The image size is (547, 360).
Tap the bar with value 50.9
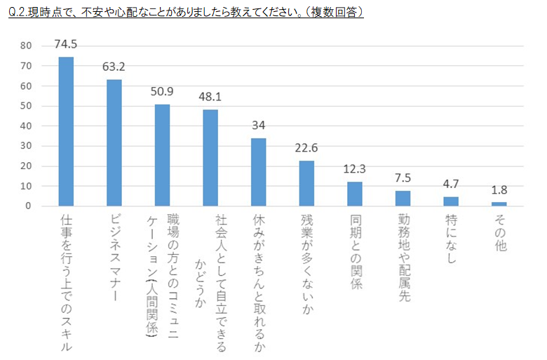click(162, 155)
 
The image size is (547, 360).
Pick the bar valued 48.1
click(210, 158)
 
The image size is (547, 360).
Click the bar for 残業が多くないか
click(306, 183)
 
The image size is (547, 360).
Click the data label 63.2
click(114, 68)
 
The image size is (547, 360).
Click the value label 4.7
click(451, 185)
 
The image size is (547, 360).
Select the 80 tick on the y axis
click(27, 46)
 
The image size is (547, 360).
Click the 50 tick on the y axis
click(27, 106)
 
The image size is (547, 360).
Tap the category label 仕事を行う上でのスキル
click(67, 281)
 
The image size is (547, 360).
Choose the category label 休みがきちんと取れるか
click(259, 281)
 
